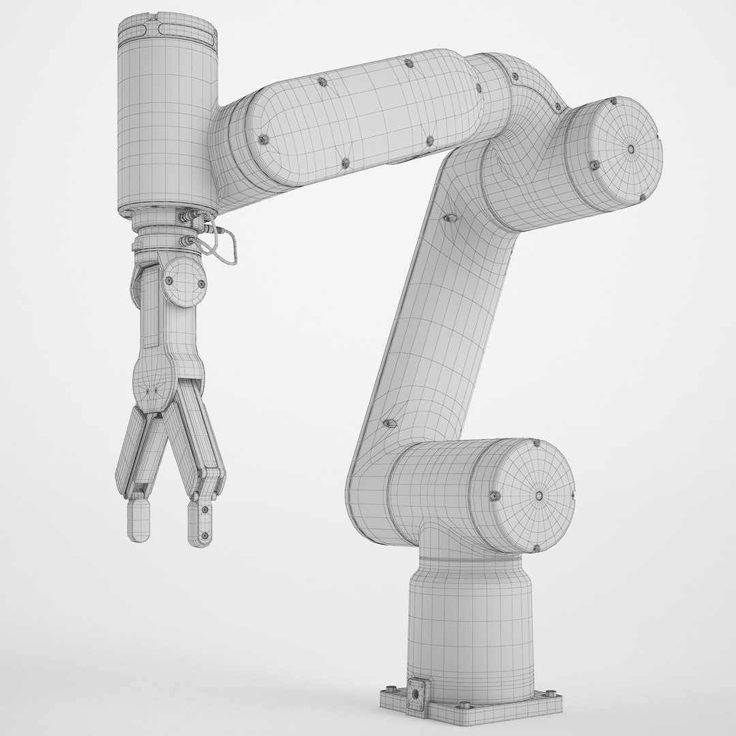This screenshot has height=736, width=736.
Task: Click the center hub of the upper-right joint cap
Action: point(632,149)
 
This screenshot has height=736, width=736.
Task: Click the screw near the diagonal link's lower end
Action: point(389,424)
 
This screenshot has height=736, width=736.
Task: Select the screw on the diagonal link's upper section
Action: point(449,217)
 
